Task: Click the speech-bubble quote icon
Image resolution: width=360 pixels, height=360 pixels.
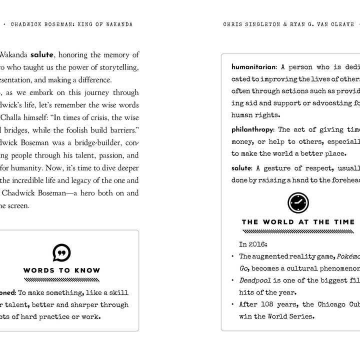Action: click(x=61, y=252)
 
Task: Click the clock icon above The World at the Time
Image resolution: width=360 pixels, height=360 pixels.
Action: click(x=298, y=202)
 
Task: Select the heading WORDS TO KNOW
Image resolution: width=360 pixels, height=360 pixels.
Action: click(x=61, y=270)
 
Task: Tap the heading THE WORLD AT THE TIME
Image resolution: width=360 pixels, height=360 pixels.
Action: click(x=298, y=222)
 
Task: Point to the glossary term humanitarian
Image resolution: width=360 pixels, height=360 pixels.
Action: click(x=253, y=66)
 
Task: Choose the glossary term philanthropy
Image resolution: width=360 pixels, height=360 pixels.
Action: click(x=252, y=129)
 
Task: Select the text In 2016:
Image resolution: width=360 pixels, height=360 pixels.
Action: click(x=253, y=244)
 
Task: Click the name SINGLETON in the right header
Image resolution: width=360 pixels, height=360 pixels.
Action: click(x=265, y=24)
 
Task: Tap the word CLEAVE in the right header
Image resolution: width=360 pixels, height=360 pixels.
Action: click(x=342, y=24)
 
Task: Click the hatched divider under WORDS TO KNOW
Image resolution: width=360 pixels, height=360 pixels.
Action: click(x=61, y=279)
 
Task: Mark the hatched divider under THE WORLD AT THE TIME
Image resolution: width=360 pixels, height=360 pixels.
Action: click(x=298, y=231)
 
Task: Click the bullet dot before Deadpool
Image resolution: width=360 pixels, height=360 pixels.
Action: click(x=232, y=280)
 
